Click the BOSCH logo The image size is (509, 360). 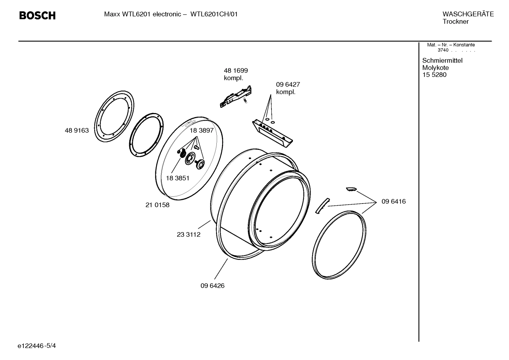37,16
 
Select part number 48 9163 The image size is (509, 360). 77,131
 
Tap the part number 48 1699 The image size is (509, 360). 236,71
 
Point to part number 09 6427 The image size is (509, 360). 288,85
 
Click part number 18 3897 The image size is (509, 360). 202,130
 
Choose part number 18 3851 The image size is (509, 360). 178,178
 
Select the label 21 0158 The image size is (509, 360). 157,205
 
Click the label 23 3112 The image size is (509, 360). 188,235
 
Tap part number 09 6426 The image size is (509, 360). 212,286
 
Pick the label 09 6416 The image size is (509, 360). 394,202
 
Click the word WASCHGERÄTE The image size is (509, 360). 468,14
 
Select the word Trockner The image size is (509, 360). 455,22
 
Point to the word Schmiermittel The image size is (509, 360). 442,61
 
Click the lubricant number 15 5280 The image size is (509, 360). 434,75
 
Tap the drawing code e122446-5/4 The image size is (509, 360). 37,346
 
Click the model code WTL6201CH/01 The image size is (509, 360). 214,14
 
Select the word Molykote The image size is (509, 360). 436,68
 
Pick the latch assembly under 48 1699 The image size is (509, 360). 235,96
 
